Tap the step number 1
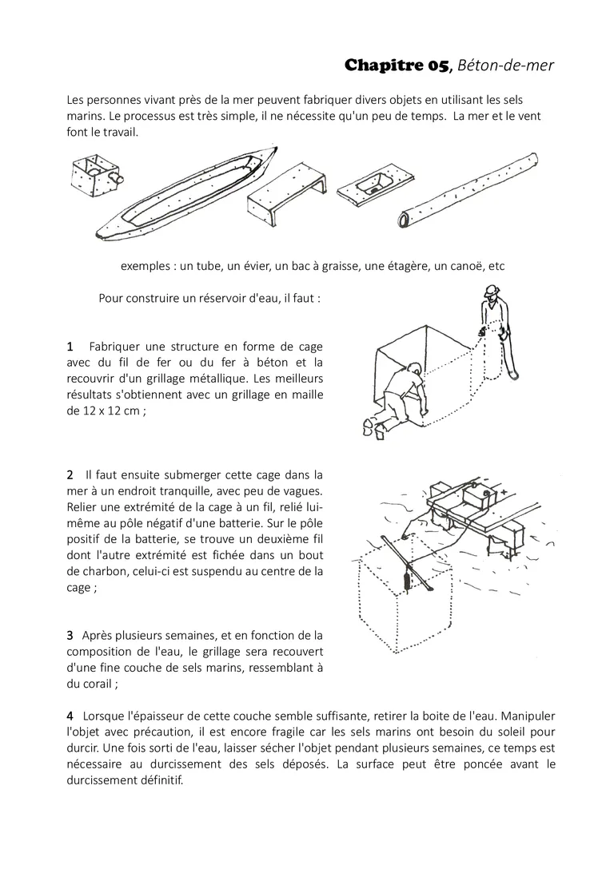click(x=70, y=347)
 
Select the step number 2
click(x=70, y=474)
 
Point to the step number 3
click(x=70, y=635)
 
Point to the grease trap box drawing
click(x=98, y=174)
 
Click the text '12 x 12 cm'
click(x=110, y=411)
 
